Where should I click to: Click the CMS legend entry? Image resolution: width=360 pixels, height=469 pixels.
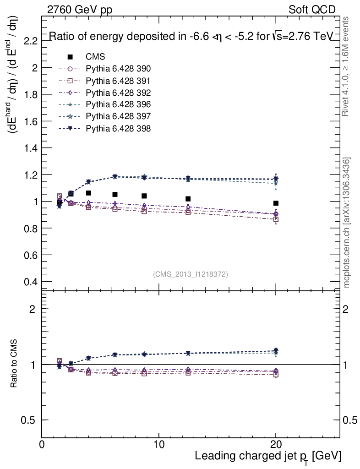[95, 57]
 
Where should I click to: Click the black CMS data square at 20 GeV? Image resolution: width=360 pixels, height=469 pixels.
[276, 203]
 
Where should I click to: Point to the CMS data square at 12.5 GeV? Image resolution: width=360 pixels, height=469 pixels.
[188, 199]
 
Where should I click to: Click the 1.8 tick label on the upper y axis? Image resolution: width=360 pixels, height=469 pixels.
[30, 94]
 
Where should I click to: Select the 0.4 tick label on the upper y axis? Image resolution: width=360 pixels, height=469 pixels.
[30, 282]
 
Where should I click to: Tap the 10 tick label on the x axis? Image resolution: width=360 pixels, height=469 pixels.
[158, 445]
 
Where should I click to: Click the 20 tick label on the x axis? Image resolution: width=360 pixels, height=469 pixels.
[276, 445]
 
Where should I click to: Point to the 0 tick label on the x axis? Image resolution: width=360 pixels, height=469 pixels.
[42, 445]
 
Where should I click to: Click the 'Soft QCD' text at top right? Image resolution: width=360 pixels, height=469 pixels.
[312, 10]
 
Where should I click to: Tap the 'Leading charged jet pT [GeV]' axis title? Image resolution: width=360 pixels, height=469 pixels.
[268, 456]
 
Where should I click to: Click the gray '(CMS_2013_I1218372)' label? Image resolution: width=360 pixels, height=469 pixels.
[191, 274]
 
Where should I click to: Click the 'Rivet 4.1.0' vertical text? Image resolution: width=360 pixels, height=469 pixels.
[346, 66]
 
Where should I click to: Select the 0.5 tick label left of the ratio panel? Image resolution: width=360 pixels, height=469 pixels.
[30, 420]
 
